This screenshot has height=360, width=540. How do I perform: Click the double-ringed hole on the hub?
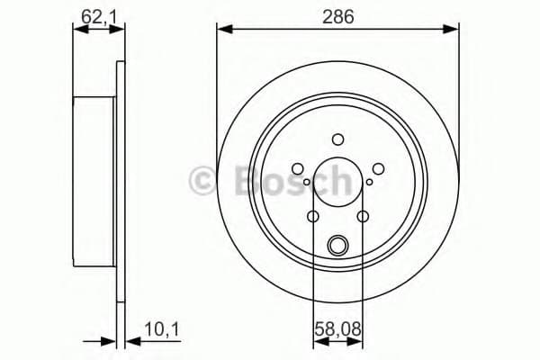point(337,244)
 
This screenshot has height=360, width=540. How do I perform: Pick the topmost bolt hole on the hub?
point(337,139)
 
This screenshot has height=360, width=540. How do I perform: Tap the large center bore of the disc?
point(337,184)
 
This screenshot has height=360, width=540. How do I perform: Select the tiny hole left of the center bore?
point(308,184)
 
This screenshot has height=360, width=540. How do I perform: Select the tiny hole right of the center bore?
point(367,184)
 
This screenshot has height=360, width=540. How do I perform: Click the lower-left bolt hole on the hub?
point(312,216)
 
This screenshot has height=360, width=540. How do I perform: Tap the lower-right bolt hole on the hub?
point(363,216)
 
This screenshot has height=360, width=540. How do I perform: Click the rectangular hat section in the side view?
point(94,180)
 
